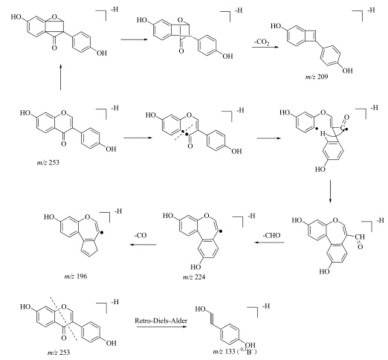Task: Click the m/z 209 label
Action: (317, 77)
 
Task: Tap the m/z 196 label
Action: (76, 276)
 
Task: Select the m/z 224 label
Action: (194, 277)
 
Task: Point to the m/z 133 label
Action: (224, 352)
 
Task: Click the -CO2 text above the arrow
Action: (262, 42)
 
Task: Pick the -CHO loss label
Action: (271, 235)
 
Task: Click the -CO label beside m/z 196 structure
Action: (140, 235)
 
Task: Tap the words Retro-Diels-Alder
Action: (161, 321)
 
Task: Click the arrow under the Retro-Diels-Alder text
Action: (161, 327)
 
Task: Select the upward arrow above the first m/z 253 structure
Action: (60, 77)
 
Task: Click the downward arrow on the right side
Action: (330, 191)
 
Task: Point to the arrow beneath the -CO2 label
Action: (265, 47)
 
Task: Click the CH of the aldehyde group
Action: (360, 237)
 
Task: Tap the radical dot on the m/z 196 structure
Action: (102, 233)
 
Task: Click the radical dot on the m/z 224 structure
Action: (221, 231)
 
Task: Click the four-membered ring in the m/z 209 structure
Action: (311, 36)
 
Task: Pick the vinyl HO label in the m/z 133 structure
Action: (200, 309)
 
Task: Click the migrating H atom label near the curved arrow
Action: (323, 134)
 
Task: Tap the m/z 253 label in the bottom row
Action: (59, 352)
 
